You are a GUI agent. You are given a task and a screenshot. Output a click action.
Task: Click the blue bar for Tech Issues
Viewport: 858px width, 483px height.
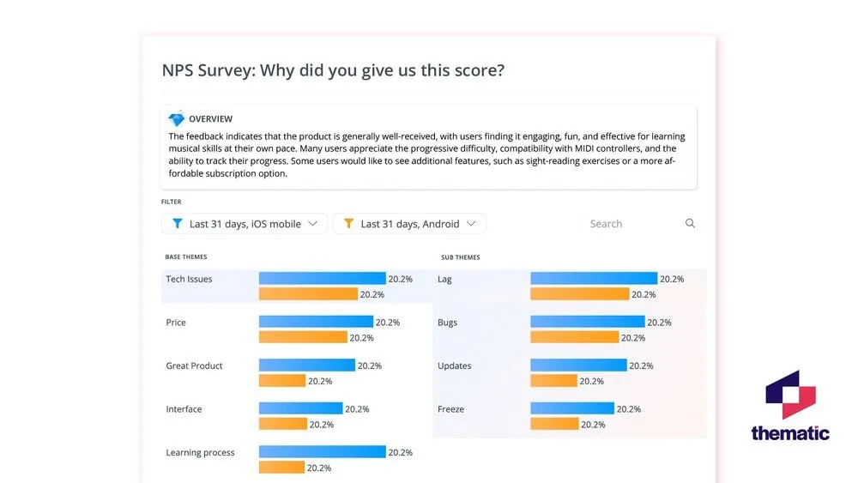click(322, 279)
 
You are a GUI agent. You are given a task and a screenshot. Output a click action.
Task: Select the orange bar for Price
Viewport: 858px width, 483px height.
click(303, 337)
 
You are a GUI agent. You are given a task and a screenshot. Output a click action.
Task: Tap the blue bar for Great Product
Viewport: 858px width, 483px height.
click(306, 365)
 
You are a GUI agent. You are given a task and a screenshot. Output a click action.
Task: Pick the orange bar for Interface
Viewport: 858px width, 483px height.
click(282, 424)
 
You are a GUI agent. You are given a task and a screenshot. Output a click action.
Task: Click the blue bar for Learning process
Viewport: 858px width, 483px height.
click(322, 452)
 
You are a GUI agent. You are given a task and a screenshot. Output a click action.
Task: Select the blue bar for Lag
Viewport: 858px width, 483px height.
click(594, 279)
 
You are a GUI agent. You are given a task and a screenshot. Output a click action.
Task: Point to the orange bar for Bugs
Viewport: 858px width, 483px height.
click(574, 337)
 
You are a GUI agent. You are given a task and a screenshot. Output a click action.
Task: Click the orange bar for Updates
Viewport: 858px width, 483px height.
click(554, 381)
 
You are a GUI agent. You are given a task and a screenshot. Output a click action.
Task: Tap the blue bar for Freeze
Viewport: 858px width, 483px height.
click(572, 409)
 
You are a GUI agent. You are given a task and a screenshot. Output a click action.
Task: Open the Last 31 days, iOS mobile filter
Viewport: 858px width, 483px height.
click(245, 224)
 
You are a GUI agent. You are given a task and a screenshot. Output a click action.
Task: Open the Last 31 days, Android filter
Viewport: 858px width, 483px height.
click(409, 224)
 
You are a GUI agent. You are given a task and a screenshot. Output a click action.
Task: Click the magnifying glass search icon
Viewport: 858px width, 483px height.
click(690, 224)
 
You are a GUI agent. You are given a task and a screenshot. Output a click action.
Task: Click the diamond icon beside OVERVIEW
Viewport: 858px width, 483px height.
click(177, 119)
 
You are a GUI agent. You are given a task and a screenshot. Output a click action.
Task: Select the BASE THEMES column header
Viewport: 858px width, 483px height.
click(186, 257)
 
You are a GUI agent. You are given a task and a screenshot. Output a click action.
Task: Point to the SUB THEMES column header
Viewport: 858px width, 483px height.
click(461, 257)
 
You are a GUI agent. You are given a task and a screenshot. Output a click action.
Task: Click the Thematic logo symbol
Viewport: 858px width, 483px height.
click(790, 395)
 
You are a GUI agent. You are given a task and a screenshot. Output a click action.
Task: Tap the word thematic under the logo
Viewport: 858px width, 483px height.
click(790, 433)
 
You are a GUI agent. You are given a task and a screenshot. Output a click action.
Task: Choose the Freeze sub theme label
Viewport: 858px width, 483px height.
click(450, 409)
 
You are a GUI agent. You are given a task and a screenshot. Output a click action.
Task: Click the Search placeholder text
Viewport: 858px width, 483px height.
click(606, 224)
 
